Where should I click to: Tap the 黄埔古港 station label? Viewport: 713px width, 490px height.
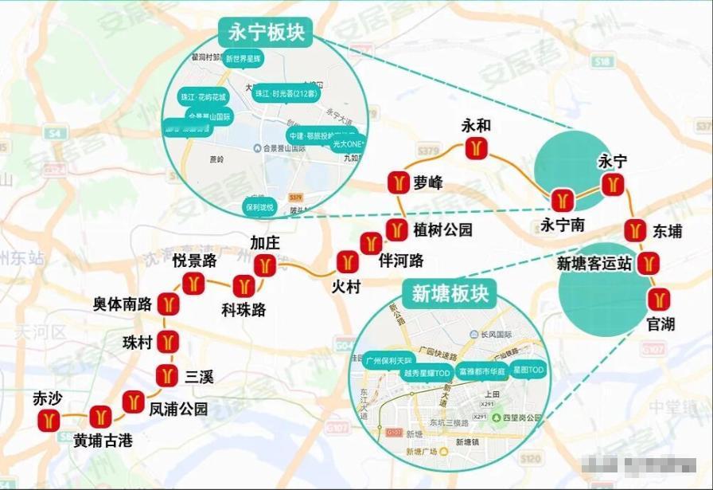click(x=103, y=440)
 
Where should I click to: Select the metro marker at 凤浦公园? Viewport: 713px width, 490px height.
click(x=133, y=402)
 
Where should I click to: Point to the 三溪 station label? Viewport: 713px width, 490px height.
click(x=199, y=375)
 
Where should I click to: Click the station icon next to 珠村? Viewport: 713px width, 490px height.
click(x=167, y=342)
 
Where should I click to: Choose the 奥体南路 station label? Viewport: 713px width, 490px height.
click(x=122, y=304)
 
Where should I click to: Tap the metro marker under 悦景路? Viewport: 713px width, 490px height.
click(x=193, y=282)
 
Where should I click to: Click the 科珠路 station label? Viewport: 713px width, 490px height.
click(x=244, y=309)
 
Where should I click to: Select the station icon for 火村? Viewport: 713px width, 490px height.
click(x=347, y=261)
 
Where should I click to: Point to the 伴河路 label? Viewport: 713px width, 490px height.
click(x=401, y=261)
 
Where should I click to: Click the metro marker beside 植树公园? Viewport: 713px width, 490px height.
click(x=395, y=230)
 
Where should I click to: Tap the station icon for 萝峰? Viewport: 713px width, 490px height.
click(x=398, y=182)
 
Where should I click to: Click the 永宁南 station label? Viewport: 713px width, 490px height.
click(x=563, y=225)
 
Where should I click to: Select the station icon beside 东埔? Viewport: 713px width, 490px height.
click(x=633, y=230)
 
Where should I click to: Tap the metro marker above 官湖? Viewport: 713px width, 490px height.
click(x=658, y=299)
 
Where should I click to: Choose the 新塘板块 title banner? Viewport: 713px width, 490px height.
click(x=450, y=294)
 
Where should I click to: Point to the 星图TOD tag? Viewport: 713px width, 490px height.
click(x=528, y=370)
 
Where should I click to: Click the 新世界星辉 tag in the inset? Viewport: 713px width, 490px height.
click(x=243, y=58)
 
